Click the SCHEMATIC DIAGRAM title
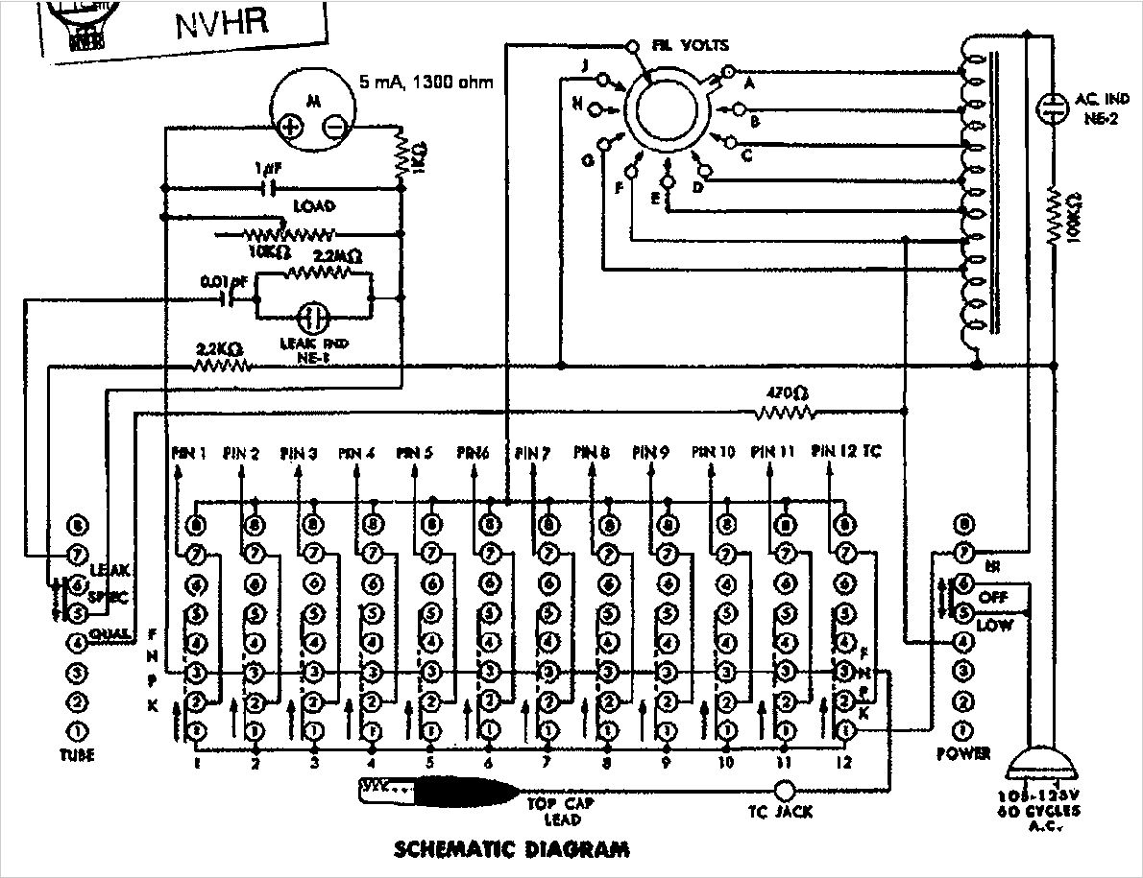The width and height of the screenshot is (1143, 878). [x=512, y=849]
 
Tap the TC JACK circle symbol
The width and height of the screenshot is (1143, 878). [x=786, y=790]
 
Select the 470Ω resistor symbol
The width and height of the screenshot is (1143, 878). [x=786, y=413]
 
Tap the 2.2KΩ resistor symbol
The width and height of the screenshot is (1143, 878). [x=222, y=365]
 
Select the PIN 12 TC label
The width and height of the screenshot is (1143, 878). [x=845, y=450]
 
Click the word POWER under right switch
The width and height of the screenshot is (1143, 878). [x=964, y=754]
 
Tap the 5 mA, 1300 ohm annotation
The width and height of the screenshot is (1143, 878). [x=426, y=83]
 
